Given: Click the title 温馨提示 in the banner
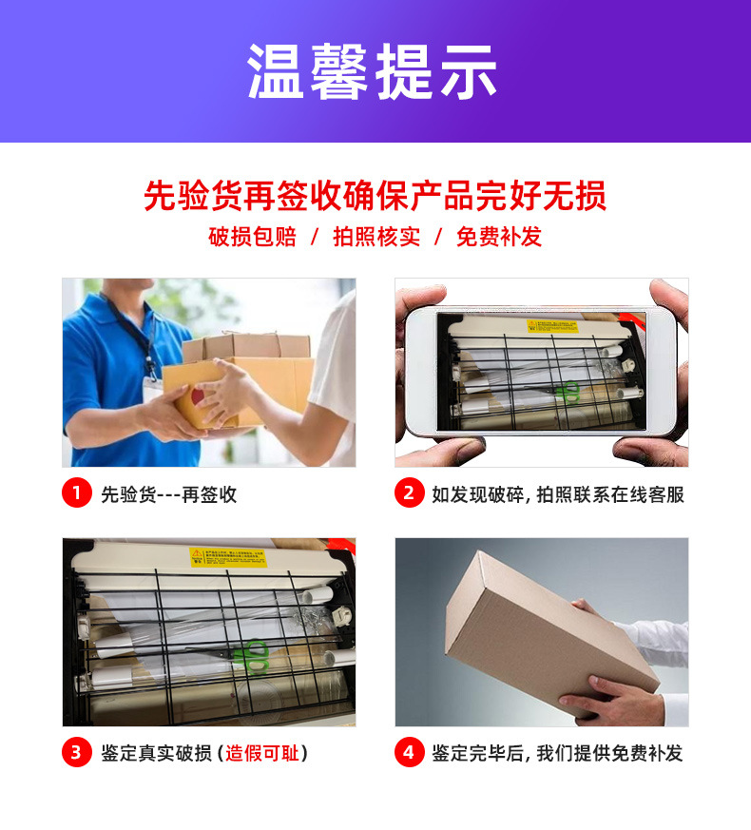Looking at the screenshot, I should pyautogui.click(x=374, y=71).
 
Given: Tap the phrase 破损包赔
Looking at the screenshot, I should pyautogui.click(x=252, y=237).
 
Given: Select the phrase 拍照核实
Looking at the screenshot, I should pyautogui.click(x=375, y=237).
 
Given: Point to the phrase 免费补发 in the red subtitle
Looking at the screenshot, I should pyautogui.click(x=499, y=237).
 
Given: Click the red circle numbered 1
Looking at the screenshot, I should pyautogui.click(x=76, y=493).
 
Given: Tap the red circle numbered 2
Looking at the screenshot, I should pyautogui.click(x=409, y=493).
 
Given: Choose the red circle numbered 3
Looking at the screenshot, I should pyautogui.click(x=76, y=753).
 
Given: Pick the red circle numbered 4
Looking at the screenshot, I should pyautogui.click(x=409, y=753).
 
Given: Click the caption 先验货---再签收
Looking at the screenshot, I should pyautogui.click(x=168, y=494).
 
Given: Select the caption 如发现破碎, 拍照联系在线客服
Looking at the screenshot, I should pyautogui.click(x=557, y=494).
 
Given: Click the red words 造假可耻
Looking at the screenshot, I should pyautogui.click(x=261, y=754).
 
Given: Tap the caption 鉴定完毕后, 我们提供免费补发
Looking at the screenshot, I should pyautogui.click(x=557, y=754).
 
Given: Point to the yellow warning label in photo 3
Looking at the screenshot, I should pyautogui.click(x=228, y=556).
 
